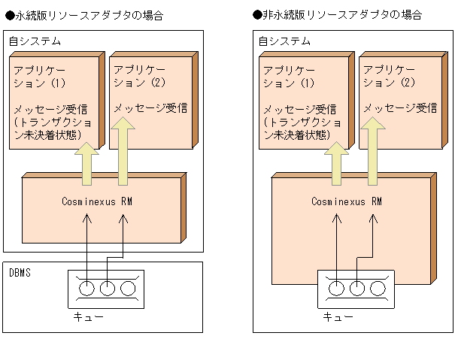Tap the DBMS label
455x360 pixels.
(21, 272)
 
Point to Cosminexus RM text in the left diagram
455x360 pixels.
(99, 201)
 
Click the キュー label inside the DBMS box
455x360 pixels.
(88, 316)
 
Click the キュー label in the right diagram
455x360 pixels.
(338, 316)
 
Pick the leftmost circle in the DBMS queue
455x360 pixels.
(87, 289)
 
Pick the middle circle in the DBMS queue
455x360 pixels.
(107, 289)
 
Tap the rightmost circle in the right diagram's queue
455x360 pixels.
(376, 289)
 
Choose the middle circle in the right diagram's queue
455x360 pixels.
(356, 289)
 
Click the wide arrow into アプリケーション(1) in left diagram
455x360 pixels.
(86, 163)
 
